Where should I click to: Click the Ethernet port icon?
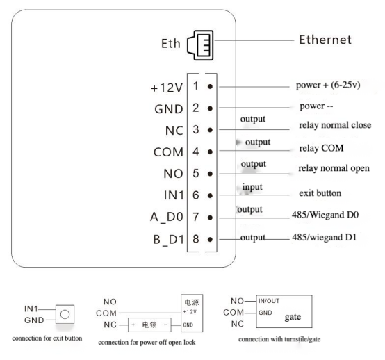(x=200, y=45)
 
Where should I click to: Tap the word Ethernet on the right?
(x=325, y=40)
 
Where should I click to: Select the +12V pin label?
(x=167, y=88)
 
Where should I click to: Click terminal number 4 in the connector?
(x=196, y=152)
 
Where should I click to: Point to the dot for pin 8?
(x=210, y=239)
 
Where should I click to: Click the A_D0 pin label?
(x=167, y=217)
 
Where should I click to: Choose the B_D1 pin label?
(x=168, y=240)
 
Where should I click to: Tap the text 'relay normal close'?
(x=335, y=125)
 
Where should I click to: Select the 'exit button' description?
(x=320, y=193)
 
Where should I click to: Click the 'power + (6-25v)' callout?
(x=328, y=85)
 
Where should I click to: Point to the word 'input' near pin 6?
(x=252, y=187)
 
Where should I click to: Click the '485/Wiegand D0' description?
(x=325, y=215)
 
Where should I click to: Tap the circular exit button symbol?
(x=65, y=314)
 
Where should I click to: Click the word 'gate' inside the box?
(x=293, y=317)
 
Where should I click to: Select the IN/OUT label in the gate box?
(x=269, y=301)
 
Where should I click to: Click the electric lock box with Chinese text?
(x=149, y=325)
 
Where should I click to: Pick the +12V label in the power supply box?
(x=190, y=312)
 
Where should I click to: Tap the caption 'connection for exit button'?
(x=47, y=338)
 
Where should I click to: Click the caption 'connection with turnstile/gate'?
(x=279, y=339)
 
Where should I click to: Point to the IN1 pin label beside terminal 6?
(x=174, y=195)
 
